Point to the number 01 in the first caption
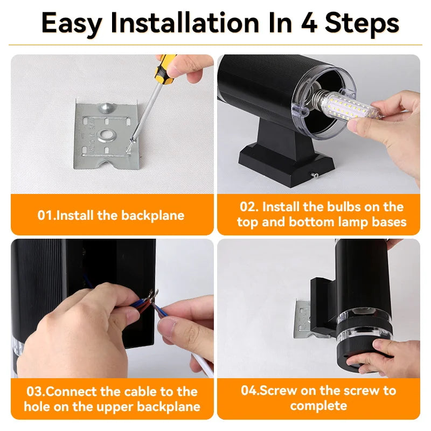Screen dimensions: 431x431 click(45, 215)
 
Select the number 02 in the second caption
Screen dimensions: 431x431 click(248, 207)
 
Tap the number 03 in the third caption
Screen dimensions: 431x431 click(34, 392)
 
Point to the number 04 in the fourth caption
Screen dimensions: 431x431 click(249, 391)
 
